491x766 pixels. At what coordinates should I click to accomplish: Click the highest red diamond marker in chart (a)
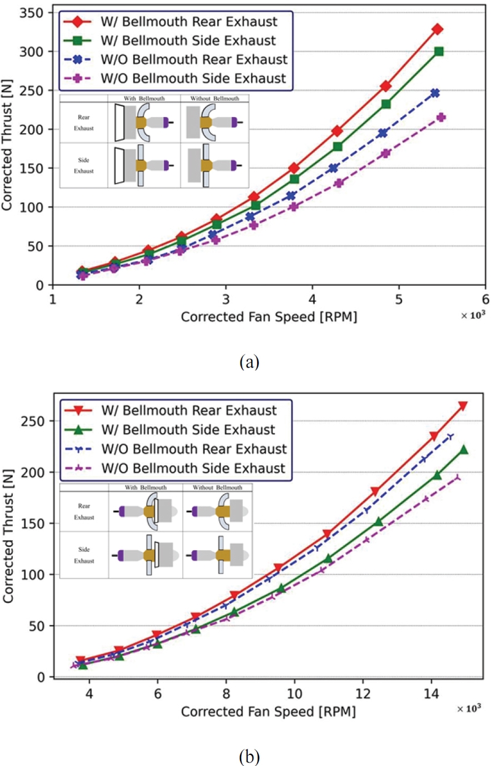(438, 29)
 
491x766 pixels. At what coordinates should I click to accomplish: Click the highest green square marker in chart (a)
(439, 52)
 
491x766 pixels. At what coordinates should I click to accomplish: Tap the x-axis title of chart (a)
(269, 317)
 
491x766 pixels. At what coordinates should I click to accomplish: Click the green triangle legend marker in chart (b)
(77, 430)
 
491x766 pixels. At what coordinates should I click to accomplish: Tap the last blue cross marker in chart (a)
(435, 93)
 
